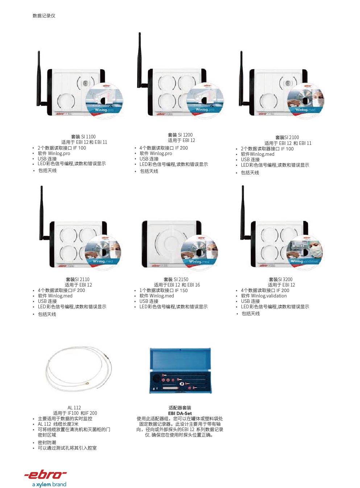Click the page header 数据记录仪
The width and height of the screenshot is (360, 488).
tap(44, 16)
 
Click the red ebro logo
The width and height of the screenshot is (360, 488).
tap(45, 475)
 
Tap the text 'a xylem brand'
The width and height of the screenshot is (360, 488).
tap(49, 484)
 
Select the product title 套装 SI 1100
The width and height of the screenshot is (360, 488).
tap(83, 137)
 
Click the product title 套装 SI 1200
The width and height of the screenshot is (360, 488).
tap(180, 135)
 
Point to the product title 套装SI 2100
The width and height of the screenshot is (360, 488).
tap(287, 137)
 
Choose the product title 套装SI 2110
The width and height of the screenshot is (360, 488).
tap(78, 279)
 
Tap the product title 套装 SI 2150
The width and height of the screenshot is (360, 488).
tap(176, 279)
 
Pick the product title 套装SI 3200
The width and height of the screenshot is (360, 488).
tap(281, 279)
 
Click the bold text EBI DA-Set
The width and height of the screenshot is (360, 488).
tap(180, 413)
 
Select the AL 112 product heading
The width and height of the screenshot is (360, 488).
tap(74, 408)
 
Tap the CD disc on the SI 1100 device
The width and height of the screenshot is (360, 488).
tap(104, 100)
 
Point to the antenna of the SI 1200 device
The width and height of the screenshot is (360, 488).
tap(140, 59)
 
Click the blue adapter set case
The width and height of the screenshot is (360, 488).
tap(180, 370)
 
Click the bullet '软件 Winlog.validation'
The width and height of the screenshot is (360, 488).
tap(264, 296)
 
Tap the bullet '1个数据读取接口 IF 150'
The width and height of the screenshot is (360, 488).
tap(164, 291)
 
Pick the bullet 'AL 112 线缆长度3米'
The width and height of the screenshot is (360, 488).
tap(58, 424)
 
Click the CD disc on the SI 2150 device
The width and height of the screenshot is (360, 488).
tap(199, 253)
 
